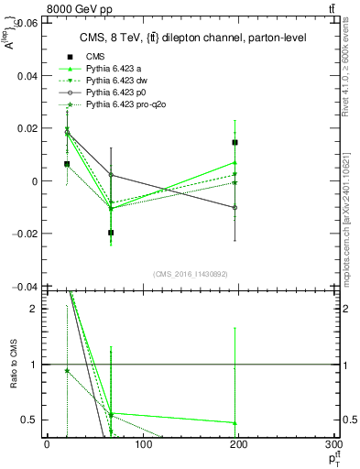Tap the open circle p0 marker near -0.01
pyautogui.click(x=235, y=207)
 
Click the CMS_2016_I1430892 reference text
pyautogui.click(x=190, y=273)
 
